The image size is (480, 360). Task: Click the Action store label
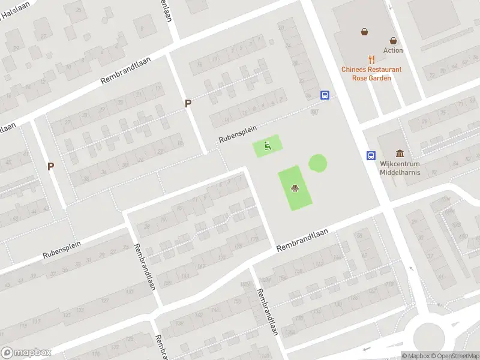[393, 50]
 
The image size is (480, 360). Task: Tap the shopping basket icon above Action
[393, 41]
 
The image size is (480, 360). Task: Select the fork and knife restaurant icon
[372, 59]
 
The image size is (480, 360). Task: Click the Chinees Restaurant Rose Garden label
[371, 73]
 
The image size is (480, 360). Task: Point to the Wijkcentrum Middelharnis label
[400, 168]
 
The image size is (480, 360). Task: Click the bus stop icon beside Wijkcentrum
[371, 155]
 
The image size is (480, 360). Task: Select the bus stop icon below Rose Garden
[325, 95]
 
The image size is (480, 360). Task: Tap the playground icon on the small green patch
[268, 145]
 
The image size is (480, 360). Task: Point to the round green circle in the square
[318, 163]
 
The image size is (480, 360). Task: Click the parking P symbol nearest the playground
[188, 103]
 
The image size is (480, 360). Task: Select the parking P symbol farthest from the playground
[51, 166]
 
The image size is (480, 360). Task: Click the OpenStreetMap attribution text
[453, 356]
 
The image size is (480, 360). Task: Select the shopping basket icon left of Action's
[364, 32]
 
